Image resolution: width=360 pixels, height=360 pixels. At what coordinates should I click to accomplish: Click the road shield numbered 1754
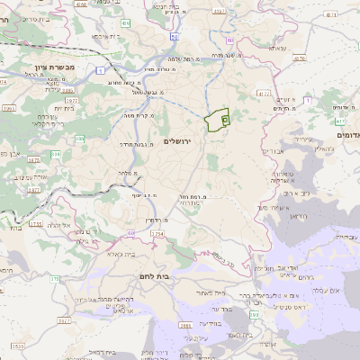(157, 233)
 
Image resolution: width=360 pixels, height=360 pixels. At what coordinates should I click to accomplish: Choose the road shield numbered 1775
(35, 224)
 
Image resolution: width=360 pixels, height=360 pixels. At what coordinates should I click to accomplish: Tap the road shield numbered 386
(80, 139)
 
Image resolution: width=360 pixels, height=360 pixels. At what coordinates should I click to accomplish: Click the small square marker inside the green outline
(225, 118)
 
